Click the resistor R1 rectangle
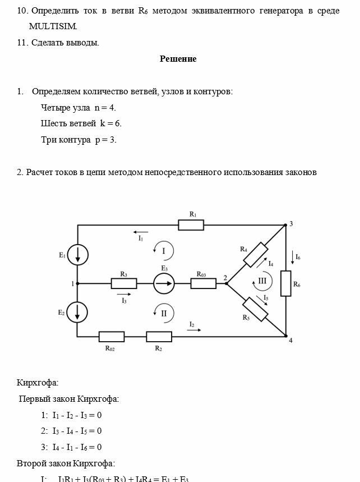(191, 225)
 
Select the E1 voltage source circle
(77, 255)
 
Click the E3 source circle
(164, 284)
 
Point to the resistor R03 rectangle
(203, 284)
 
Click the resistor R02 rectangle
(112, 337)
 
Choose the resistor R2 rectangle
(159, 337)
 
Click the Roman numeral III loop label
(262, 281)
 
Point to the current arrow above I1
(141, 231)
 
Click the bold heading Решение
(178, 59)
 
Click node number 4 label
(290, 341)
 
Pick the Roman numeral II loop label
(164, 314)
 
